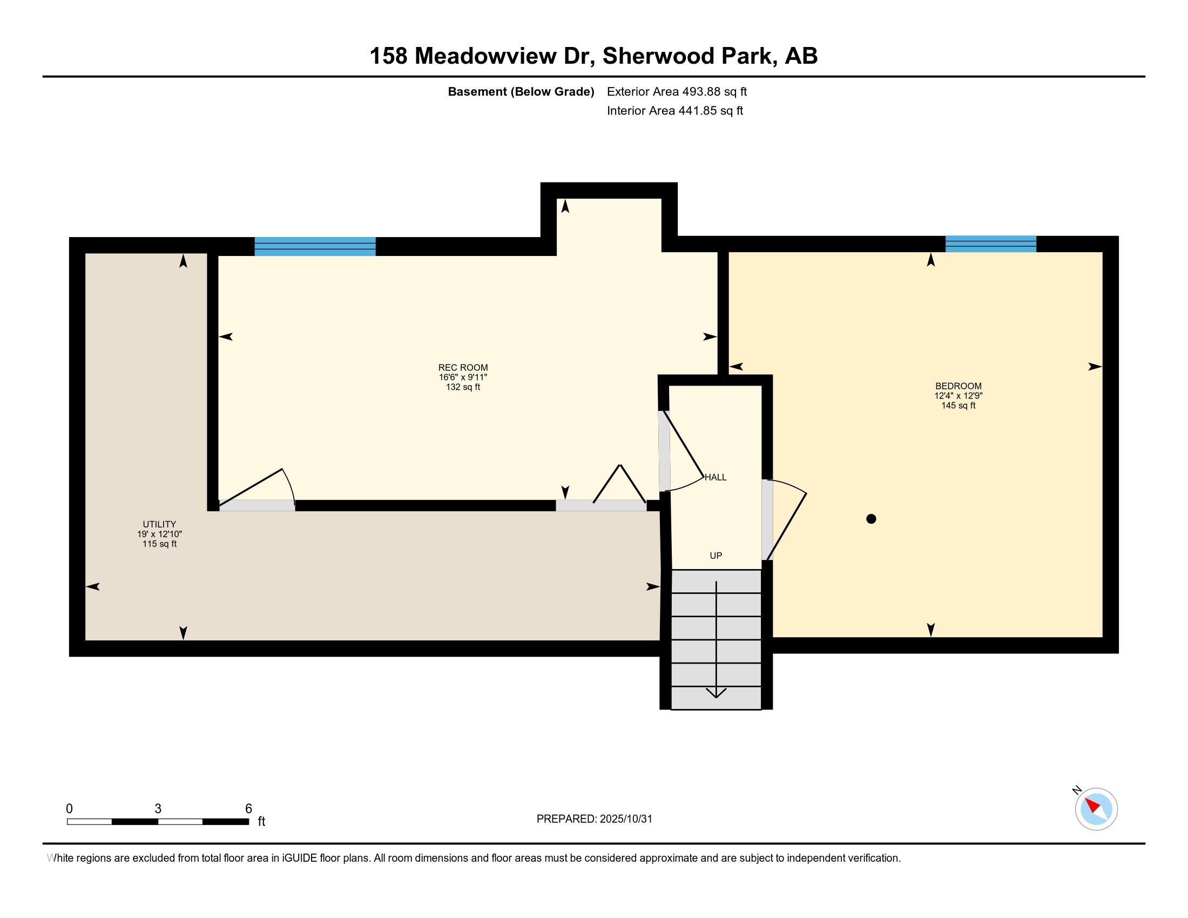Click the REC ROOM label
[463, 368]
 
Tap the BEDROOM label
[958, 386]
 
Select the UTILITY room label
[159, 524]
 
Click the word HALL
[715, 477]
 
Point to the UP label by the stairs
[716, 555]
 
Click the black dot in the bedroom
[871, 519]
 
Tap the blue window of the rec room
[315, 246]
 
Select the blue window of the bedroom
[990, 244]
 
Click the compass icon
[1096, 809]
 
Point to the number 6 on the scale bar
[248, 809]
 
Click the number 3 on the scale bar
[158, 809]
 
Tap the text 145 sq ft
[958, 406]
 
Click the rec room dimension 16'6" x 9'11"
[463, 377]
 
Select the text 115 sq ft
[159, 544]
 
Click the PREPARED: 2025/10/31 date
[594, 819]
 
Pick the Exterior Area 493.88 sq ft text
[677, 92]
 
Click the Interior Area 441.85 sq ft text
[674, 111]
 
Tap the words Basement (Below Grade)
[521, 92]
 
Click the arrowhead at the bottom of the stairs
[716, 693]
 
